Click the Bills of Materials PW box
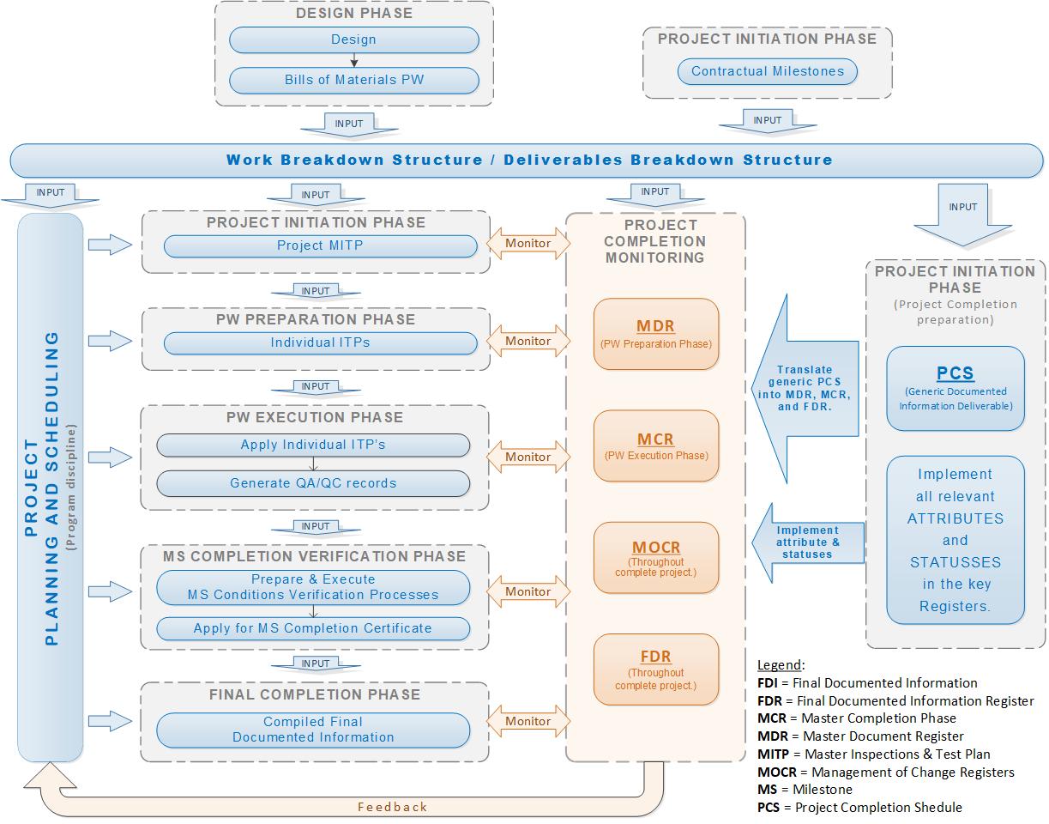pyautogui.click(x=353, y=80)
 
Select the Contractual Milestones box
pyautogui.click(x=768, y=71)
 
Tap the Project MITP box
pyautogui.click(x=320, y=245)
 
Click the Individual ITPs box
pyautogui.click(x=320, y=342)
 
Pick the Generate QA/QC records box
pyautogui.click(x=313, y=483)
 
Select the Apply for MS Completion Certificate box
pyautogui.click(x=313, y=628)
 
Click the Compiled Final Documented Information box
pyautogui.click(x=313, y=730)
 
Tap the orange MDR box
pyautogui.click(x=655, y=334)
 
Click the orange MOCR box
pyautogui.click(x=655, y=557)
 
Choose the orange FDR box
pyautogui.click(x=655, y=669)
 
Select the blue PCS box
pyautogui.click(x=955, y=388)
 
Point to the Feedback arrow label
pyautogui.click(x=392, y=807)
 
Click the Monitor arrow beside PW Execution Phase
pyautogui.click(x=528, y=457)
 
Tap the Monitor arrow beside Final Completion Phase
pyautogui.click(x=528, y=721)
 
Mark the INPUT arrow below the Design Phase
pyautogui.click(x=349, y=124)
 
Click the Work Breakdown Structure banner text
pyautogui.click(x=528, y=160)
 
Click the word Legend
pyautogui.click(x=780, y=665)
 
